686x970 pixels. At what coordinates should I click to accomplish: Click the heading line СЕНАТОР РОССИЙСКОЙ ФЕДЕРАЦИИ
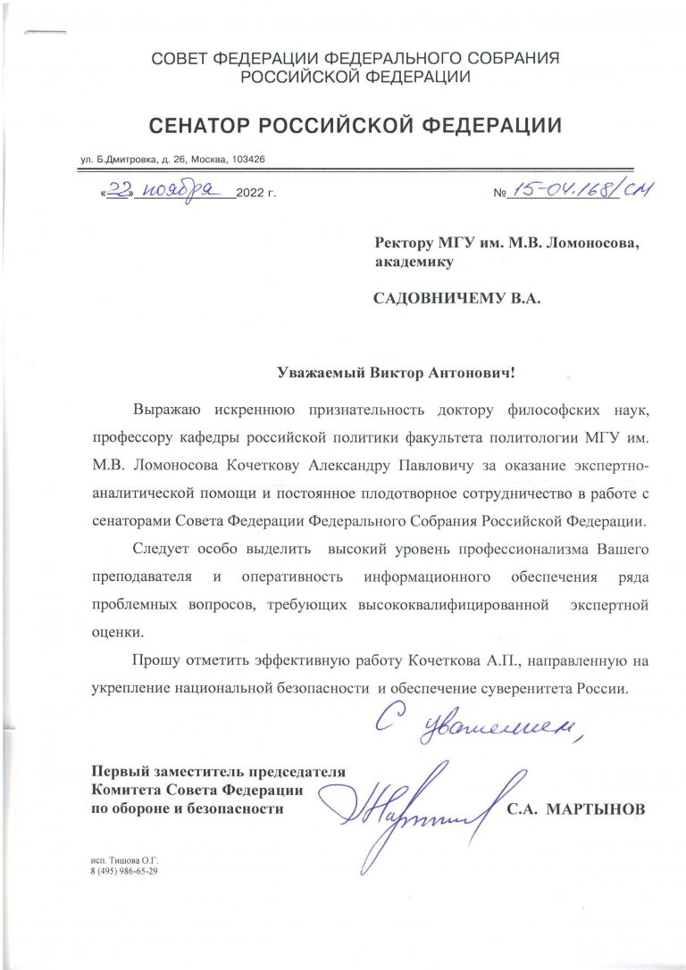point(356,126)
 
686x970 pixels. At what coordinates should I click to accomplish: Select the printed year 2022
point(252,194)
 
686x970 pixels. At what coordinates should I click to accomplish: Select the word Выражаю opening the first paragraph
point(166,410)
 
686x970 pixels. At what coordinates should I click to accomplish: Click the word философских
point(535,410)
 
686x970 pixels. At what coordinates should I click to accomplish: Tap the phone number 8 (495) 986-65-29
point(124,871)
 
